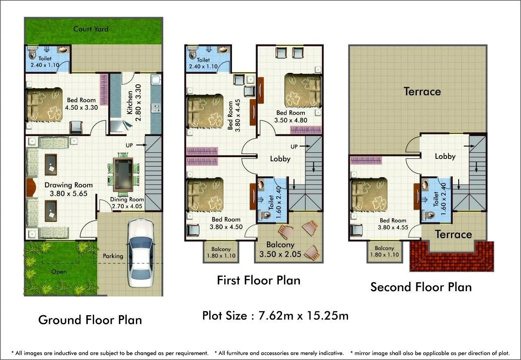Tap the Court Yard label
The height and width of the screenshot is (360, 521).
point(91,29)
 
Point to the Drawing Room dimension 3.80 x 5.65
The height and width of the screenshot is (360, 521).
point(68,194)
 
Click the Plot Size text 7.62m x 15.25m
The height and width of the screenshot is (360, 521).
point(275,316)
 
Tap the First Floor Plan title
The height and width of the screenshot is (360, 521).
point(258,280)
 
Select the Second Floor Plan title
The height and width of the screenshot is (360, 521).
point(421,287)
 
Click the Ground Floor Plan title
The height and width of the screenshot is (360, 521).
point(90,320)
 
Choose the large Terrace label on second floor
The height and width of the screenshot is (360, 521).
point(422,92)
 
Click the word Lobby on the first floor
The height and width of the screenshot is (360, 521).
point(280,158)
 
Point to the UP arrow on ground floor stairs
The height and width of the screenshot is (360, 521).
point(136,145)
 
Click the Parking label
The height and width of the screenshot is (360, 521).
point(113,256)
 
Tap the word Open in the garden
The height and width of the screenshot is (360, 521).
point(59,272)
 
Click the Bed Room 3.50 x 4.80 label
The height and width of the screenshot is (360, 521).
point(291,116)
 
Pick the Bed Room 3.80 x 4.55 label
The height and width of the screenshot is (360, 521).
point(393,224)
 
